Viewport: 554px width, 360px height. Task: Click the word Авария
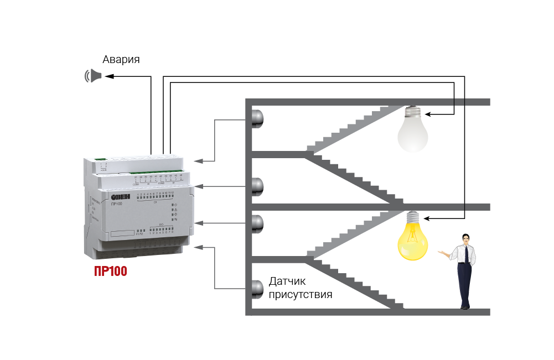121,60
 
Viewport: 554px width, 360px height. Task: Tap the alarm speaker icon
93,76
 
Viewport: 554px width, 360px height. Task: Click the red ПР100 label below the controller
111,272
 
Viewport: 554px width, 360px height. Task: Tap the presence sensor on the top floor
257,118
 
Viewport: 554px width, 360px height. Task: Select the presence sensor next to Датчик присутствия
257,289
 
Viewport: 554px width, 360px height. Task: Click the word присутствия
300,294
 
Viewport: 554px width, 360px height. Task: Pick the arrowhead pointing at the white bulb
429,114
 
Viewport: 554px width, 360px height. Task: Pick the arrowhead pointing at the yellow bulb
429,217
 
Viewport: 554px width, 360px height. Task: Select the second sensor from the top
257,186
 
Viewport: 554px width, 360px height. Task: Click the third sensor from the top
257,223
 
